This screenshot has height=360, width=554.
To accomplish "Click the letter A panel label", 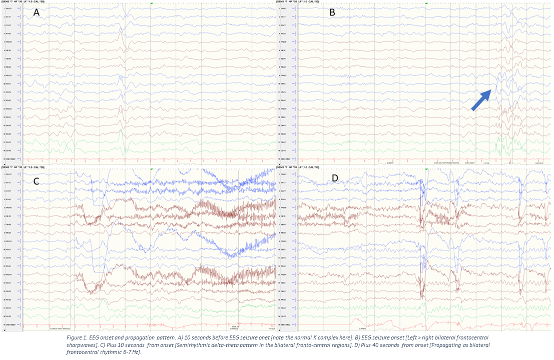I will (x=36, y=13).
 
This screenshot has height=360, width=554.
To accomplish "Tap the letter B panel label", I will (x=332, y=13).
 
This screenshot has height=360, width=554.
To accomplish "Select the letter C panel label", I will (x=36, y=181).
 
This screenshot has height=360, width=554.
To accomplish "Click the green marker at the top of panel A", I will (x=151, y=3).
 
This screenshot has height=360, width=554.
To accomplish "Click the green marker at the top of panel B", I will (x=426, y=3).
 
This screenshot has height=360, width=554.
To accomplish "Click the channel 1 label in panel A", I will (x=9, y=9).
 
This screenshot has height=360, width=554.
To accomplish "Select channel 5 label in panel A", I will (x=9, y=42).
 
